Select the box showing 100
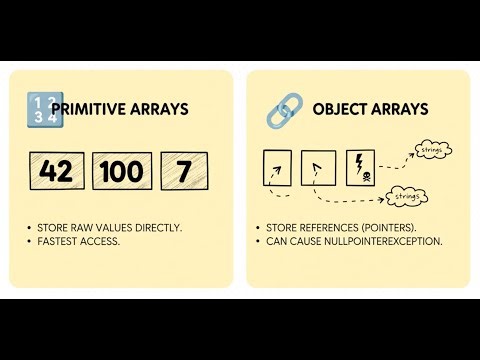point(122,171)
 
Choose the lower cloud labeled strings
point(404,196)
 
